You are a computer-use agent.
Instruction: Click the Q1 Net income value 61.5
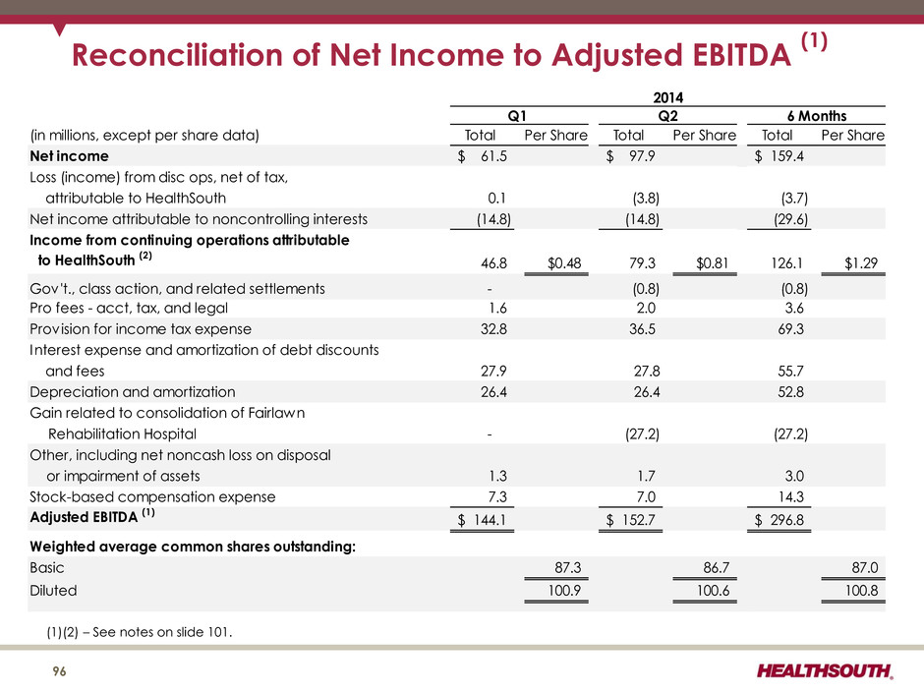(x=493, y=156)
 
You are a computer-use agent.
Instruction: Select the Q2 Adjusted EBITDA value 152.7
(x=638, y=520)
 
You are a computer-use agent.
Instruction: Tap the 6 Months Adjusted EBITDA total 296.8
(x=786, y=520)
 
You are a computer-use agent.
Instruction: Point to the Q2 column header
(x=667, y=116)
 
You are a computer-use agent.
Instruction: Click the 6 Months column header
(x=817, y=116)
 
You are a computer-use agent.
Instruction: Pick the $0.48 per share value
(x=564, y=262)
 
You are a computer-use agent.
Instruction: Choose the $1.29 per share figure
(x=861, y=262)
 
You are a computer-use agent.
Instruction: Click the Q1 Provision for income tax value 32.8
(x=493, y=329)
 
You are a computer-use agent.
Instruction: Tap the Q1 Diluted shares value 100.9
(x=564, y=590)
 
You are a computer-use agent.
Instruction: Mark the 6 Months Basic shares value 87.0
(x=865, y=567)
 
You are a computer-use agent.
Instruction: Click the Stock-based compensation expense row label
(x=152, y=496)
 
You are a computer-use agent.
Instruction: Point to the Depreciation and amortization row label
(x=133, y=392)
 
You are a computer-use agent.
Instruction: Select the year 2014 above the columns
(x=667, y=97)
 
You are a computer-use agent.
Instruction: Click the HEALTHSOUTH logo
(x=825, y=671)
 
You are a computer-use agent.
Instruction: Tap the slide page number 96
(x=60, y=671)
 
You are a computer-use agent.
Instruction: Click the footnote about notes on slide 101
(x=140, y=632)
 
